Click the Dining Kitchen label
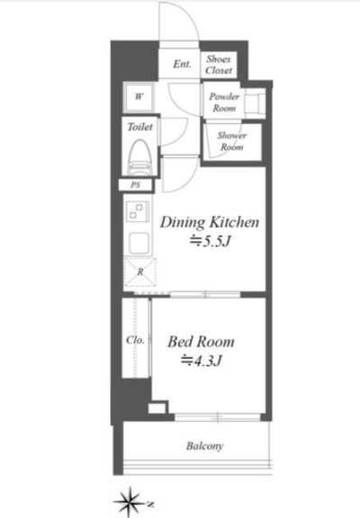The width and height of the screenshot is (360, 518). [210, 222]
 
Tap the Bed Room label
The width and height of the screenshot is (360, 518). [201, 342]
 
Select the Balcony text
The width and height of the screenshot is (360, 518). [204, 446]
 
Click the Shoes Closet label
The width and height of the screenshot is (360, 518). [219, 65]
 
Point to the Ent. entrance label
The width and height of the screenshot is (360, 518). [182, 64]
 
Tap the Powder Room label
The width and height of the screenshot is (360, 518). [224, 103]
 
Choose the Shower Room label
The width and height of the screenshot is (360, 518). [232, 141]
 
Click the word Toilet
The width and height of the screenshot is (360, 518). [140, 127]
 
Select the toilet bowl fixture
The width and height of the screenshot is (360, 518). [141, 156]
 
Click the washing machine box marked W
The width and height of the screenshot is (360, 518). [139, 97]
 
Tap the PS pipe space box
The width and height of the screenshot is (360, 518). [136, 185]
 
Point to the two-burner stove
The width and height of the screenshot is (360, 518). [138, 211]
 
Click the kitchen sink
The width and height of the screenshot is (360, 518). [139, 243]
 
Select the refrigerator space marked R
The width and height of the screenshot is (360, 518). [140, 272]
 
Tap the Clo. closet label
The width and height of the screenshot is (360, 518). [135, 340]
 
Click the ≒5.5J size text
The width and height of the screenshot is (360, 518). [210, 242]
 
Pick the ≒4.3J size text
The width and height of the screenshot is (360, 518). [201, 362]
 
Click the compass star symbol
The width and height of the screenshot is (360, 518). [130, 502]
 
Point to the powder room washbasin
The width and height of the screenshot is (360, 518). [256, 103]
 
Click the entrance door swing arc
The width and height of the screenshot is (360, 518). [193, 15]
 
